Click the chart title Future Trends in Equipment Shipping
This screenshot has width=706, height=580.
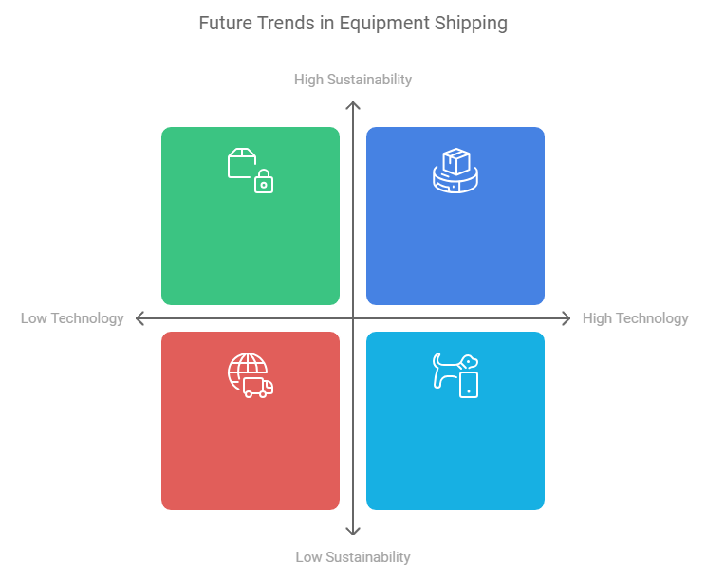(x=353, y=23)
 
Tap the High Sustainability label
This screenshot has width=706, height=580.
(x=353, y=80)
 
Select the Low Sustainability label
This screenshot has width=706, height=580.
(x=353, y=557)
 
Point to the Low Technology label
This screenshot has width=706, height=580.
(x=72, y=318)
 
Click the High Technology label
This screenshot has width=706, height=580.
(x=635, y=318)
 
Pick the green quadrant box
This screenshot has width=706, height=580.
(x=251, y=237)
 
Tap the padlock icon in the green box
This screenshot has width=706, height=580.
(x=264, y=181)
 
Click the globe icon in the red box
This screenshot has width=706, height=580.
(x=246, y=371)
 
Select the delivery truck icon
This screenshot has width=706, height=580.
(x=258, y=387)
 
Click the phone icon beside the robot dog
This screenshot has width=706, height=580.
(x=469, y=384)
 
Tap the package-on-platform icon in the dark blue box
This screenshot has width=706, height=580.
(x=455, y=171)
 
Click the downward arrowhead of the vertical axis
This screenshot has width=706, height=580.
(x=353, y=533)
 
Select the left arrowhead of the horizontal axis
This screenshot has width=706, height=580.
(x=139, y=318)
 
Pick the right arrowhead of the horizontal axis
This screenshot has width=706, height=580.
(x=567, y=318)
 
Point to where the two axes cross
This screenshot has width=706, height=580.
(x=353, y=318)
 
